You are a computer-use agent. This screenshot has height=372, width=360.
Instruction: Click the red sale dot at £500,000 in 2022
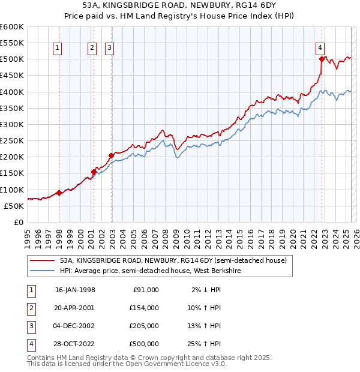[322, 59]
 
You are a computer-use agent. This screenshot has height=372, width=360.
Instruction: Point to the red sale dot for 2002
[112, 155]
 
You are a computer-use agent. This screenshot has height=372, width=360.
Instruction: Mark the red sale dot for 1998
[59, 193]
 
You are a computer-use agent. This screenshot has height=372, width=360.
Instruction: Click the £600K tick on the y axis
[12, 27]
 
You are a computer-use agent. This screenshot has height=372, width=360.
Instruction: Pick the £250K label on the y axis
[12, 141]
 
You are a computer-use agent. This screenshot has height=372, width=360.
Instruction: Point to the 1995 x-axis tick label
[28, 236]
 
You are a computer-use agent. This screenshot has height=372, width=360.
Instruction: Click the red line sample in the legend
[43, 261]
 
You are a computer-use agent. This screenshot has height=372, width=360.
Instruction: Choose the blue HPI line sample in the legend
[43, 271]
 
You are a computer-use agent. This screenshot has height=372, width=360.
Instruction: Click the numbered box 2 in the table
[30, 308]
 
